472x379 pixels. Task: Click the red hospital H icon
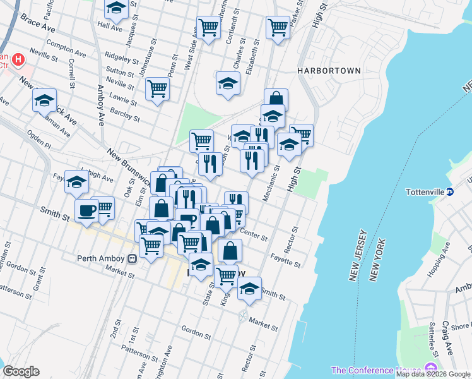click(18, 61)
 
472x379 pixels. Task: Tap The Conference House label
click(377, 370)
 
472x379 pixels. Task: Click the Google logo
click(21, 371)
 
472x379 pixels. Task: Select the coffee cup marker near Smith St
click(86, 210)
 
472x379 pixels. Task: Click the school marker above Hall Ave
click(116, 9)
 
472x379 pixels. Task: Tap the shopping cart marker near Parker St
click(278, 27)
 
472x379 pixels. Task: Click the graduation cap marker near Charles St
click(228, 83)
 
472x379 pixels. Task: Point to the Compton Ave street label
click(66, 49)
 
